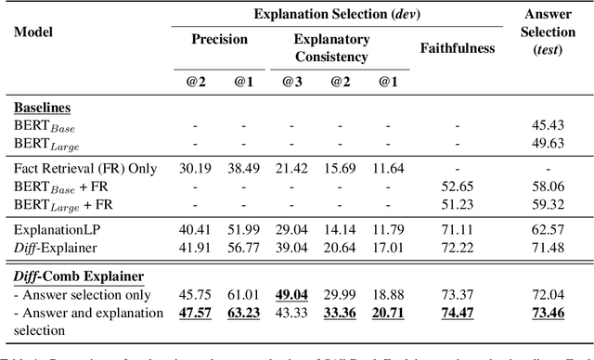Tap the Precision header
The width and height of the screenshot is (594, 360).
pos(220,40)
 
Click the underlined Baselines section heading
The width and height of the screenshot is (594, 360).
pos(43,108)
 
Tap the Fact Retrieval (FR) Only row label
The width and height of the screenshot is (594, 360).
pos(83,168)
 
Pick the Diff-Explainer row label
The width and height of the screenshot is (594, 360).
pos(56,248)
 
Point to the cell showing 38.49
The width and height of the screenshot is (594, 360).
pos(242,168)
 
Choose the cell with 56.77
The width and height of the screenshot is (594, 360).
pos(242,248)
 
